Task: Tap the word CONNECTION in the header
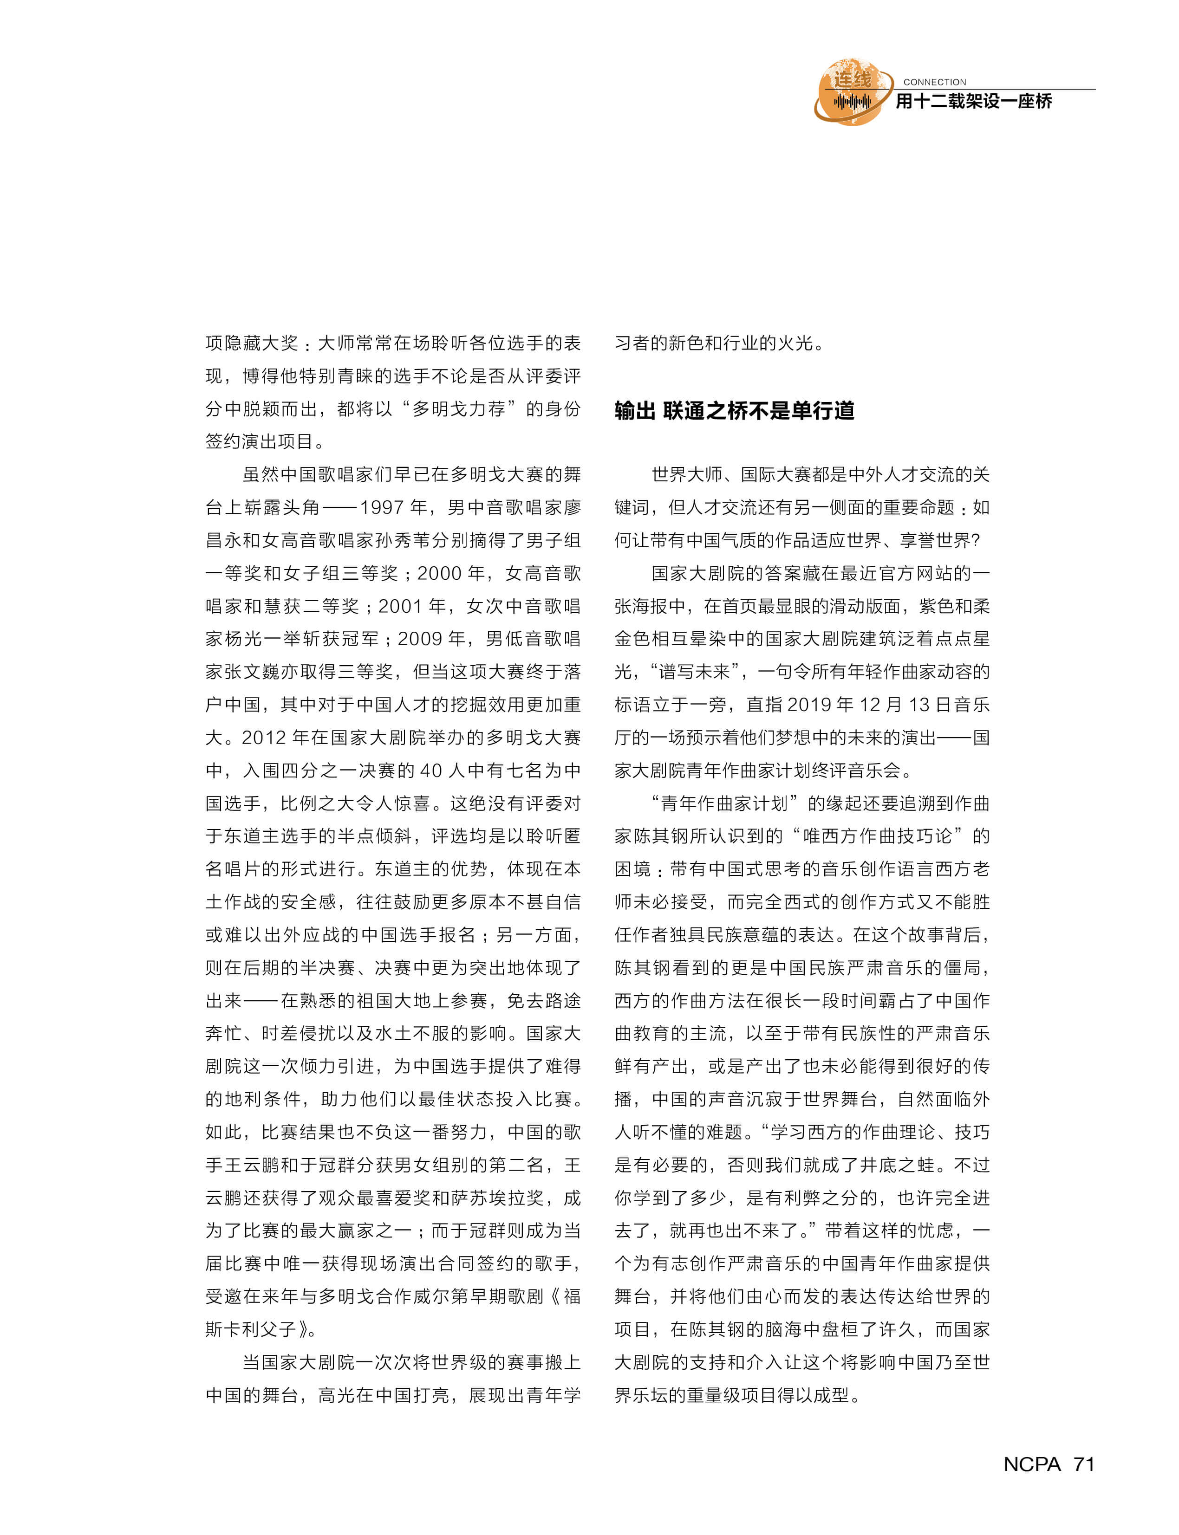(x=934, y=82)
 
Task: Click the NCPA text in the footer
(x=1032, y=1464)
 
